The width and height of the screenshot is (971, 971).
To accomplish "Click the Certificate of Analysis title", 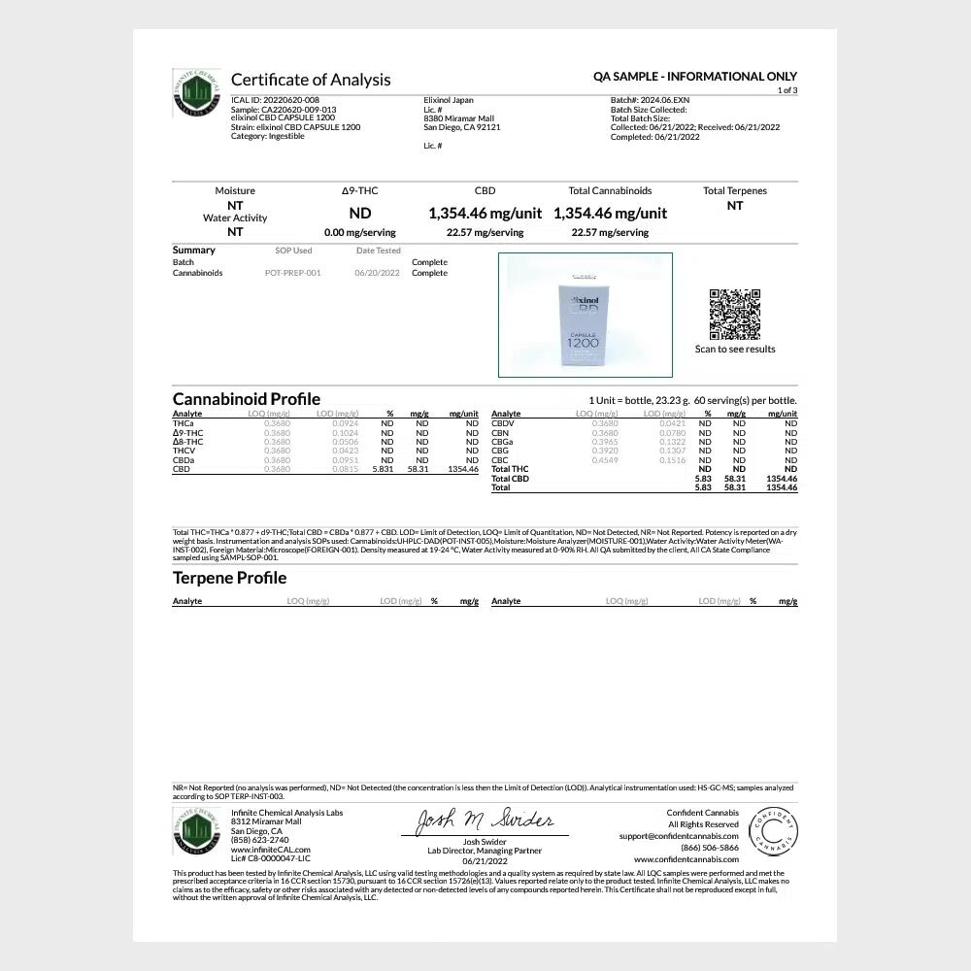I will click(x=311, y=80).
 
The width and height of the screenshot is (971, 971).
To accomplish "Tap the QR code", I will click(x=735, y=314).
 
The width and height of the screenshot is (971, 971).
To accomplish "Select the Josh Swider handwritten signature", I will click(x=485, y=821).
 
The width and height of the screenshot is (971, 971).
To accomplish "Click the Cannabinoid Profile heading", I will click(x=246, y=399).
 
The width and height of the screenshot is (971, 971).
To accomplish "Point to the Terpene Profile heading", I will click(x=229, y=578).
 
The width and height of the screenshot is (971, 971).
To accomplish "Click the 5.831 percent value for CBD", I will click(x=383, y=469).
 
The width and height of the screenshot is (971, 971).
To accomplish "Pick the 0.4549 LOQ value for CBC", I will click(x=604, y=460).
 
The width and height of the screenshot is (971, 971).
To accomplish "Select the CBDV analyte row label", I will click(x=502, y=423).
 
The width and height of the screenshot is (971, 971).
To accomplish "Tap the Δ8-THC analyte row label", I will click(x=187, y=442).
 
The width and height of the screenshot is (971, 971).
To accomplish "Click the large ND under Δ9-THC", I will click(x=360, y=213).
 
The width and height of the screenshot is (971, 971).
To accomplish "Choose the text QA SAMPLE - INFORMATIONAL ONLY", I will click(x=694, y=77).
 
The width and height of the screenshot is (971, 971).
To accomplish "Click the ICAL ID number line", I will click(x=275, y=100).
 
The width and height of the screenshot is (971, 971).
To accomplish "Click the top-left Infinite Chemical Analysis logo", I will click(x=197, y=92).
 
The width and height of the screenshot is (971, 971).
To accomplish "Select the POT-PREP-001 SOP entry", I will click(x=292, y=273).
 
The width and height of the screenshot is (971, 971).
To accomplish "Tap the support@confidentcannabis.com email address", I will click(x=679, y=836).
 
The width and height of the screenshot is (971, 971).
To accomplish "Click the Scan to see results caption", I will click(x=735, y=350).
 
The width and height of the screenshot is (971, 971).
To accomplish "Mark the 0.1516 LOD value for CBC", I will click(x=672, y=460).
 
